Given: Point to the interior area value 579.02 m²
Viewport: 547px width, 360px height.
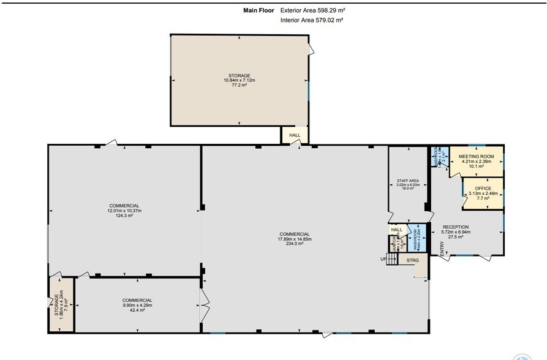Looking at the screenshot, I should point(328,20).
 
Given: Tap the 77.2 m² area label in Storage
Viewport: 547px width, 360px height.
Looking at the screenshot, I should point(239,85).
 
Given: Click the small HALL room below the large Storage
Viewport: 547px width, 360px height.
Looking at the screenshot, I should point(295,135).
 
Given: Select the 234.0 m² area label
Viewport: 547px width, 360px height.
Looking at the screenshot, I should point(295,244).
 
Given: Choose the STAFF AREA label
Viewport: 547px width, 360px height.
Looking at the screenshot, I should point(407,181).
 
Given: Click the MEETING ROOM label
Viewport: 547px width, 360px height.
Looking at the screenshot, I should point(476,157).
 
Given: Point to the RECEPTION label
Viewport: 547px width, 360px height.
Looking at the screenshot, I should point(455,227).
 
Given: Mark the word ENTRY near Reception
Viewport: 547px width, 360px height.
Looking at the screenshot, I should point(442,248).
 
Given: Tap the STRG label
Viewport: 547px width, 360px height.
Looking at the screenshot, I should point(413,260).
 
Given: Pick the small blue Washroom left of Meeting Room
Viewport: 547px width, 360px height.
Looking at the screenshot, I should point(437,157).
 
